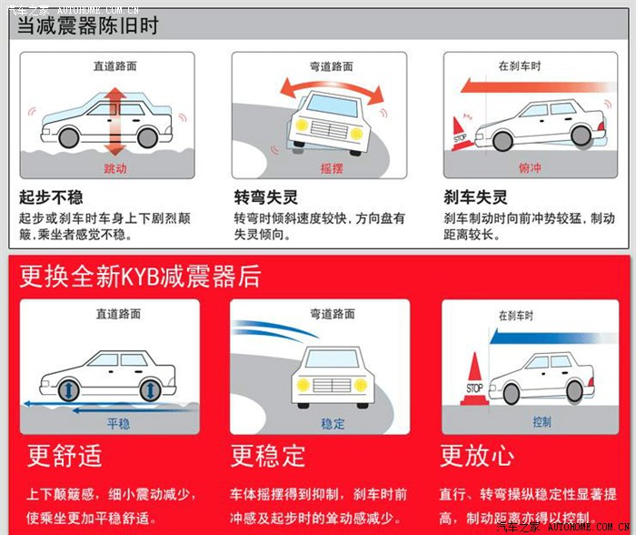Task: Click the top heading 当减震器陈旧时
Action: (89, 25)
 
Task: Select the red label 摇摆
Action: (332, 168)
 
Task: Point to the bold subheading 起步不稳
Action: (51, 197)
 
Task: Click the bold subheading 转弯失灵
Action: (266, 197)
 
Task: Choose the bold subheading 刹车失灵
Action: (475, 197)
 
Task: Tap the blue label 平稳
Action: (117, 423)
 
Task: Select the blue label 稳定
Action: (333, 423)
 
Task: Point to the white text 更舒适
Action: (65, 455)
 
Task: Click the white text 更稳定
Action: (268, 455)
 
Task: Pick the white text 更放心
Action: (477, 455)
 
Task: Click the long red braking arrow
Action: (527, 86)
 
